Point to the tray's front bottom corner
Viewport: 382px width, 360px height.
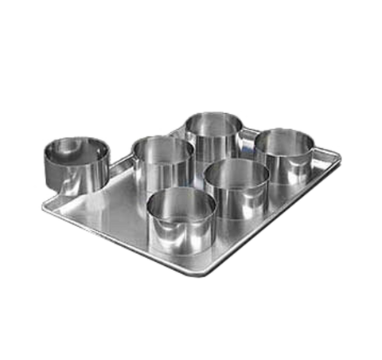click(x=216, y=276)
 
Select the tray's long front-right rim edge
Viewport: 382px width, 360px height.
click(x=286, y=219)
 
